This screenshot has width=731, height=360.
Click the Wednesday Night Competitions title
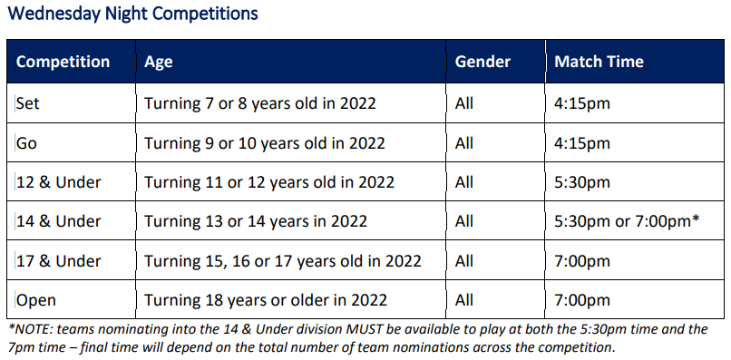pyautogui.click(x=132, y=15)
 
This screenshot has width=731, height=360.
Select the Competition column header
pyautogui.click(x=63, y=63)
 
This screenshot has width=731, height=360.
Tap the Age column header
pyautogui.click(x=158, y=63)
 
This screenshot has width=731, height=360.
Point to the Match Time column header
pyautogui.click(x=599, y=63)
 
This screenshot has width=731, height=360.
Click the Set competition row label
pyautogui.click(x=28, y=103)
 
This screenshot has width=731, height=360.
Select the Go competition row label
pyautogui.click(x=27, y=143)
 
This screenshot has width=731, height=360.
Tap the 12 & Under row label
pyautogui.click(x=59, y=182)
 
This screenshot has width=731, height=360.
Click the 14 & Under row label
pyautogui.click(x=59, y=221)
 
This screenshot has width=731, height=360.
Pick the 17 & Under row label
pyautogui.click(x=59, y=261)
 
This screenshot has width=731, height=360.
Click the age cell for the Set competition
pyautogui.click(x=260, y=103)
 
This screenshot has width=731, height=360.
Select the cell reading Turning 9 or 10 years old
pyautogui.click(x=265, y=143)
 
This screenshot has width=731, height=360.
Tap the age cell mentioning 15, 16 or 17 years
pyautogui.click(x=283, y=261)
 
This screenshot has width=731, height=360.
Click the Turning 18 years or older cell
pyautogui.click(x=266, y=300)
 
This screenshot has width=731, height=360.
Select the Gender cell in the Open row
pyautogui.click(x=464, y=300)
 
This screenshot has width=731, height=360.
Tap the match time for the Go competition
pyautogui.click(x=582, y=143)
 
